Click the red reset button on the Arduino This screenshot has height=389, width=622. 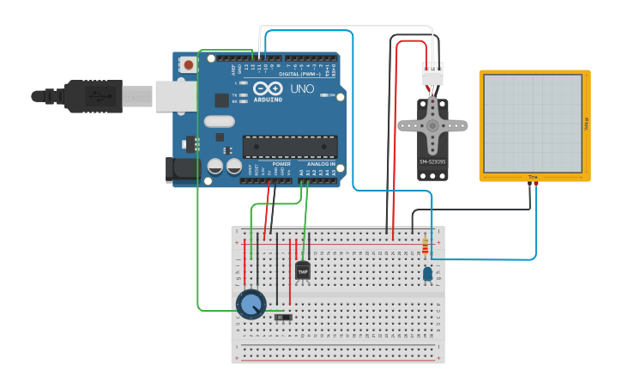(188, 64)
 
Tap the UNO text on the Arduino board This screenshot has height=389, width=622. (302, 89)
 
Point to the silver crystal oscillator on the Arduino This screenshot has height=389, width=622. (219, 121)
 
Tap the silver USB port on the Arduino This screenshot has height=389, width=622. (177, 96)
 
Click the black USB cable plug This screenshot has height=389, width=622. (94, 96)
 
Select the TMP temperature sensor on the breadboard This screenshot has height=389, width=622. (302, 270)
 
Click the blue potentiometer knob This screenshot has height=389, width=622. (251, 303)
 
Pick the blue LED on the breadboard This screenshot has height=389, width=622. (427, 273)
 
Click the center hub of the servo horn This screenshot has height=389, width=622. (432, 125)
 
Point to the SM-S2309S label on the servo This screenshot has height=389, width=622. (432, 161)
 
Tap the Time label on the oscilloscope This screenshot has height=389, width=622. (532, 177)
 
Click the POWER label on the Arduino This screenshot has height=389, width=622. (281, 163)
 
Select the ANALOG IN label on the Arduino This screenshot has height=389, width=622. (322, 163)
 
